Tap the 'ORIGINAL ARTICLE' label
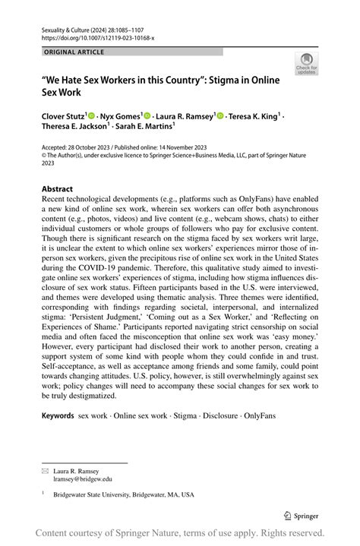[74, 52]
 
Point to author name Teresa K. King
[255, 117]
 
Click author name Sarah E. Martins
[144, 128]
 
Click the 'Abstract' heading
[57, 189]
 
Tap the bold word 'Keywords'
[58, 416]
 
